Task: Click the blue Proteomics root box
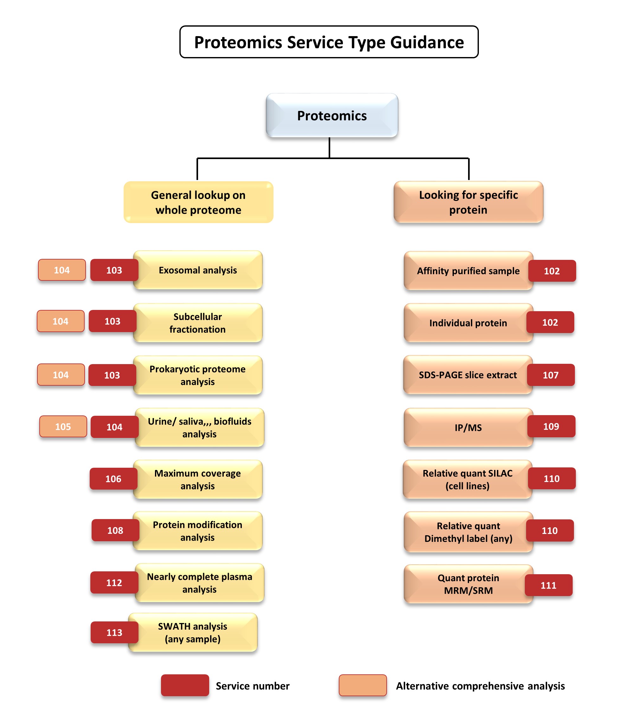(332, 115)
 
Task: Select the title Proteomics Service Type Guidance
(329, 42)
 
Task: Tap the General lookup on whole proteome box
(198, 202)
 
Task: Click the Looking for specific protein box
(468, 202)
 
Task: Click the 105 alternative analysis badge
(63, 427)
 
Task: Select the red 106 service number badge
(113, 479)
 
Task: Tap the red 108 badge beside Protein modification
(115, 530)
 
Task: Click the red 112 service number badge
(114, 583)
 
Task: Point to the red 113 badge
(114, 632)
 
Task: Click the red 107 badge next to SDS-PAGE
(551, 375)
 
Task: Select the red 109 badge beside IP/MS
(551, 427)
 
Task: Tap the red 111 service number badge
(548, 585)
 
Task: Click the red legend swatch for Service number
(185, 685)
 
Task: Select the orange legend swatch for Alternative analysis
(363, 685)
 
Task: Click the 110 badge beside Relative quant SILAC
(551, 479)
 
